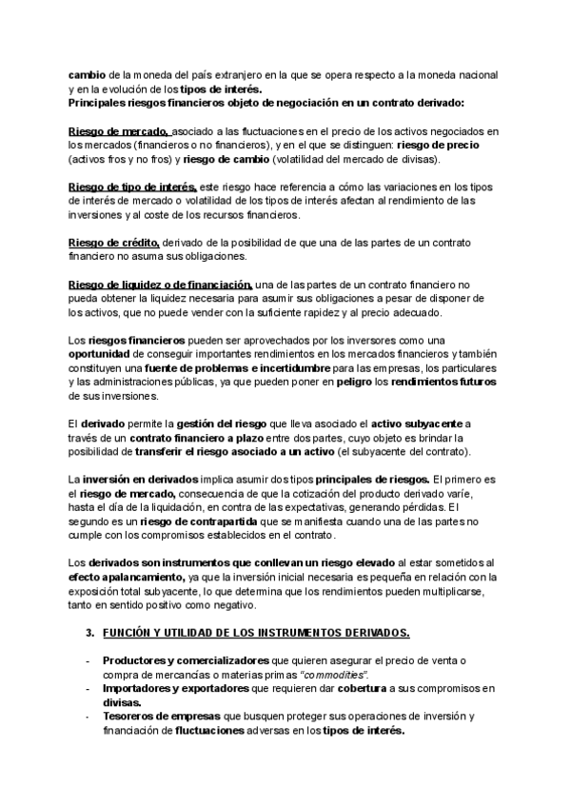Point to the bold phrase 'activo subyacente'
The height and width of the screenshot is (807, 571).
tap(423, 423)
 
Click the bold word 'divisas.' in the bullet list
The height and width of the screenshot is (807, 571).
tap(122, 702)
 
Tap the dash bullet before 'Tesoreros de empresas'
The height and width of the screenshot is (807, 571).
tap(89, 717)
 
